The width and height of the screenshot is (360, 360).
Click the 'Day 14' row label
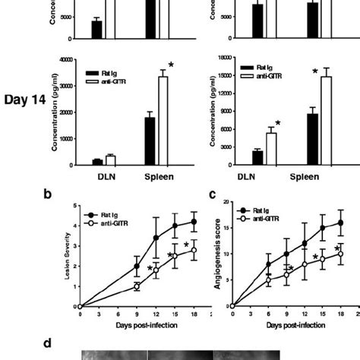coord(21,99)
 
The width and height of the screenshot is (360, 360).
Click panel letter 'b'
coord(47,194)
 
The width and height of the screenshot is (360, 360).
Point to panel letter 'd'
coord(47,343)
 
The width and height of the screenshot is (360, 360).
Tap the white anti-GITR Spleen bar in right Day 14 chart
coord(325,120)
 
